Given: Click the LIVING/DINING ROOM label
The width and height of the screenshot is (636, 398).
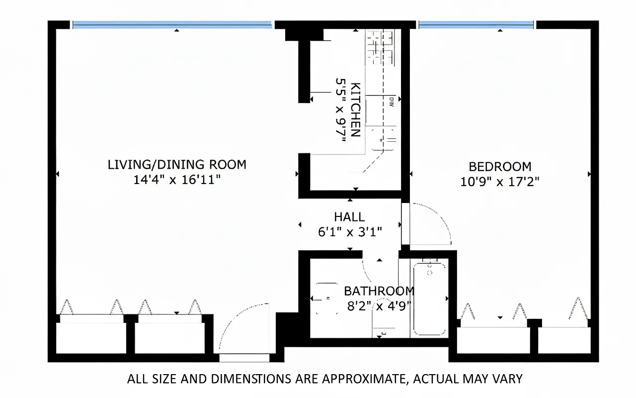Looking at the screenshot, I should pos(177,164).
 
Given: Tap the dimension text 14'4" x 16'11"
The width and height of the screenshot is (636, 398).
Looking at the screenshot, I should pos(177,180).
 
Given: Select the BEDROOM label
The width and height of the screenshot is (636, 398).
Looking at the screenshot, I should pos(500,166).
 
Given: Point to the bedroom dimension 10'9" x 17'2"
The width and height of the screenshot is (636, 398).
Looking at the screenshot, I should pos(500,182).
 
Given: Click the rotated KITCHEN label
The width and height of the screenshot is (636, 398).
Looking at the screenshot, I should pos(355,109).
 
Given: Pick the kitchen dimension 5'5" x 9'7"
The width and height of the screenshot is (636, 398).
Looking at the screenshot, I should pos(340,109).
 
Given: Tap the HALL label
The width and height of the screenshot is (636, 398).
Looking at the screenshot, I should pos(349,217).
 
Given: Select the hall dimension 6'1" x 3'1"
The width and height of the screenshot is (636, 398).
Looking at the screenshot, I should pos(349,232).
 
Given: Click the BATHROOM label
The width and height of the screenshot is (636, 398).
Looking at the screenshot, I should pos(379,291).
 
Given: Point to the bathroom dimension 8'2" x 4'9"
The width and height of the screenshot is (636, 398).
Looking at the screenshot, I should pos(379,305).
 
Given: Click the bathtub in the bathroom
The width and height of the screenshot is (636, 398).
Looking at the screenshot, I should pos(429,298).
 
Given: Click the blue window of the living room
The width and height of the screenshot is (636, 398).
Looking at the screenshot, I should pos(172,24).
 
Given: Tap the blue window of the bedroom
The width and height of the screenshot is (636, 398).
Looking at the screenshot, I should pos(476,24).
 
